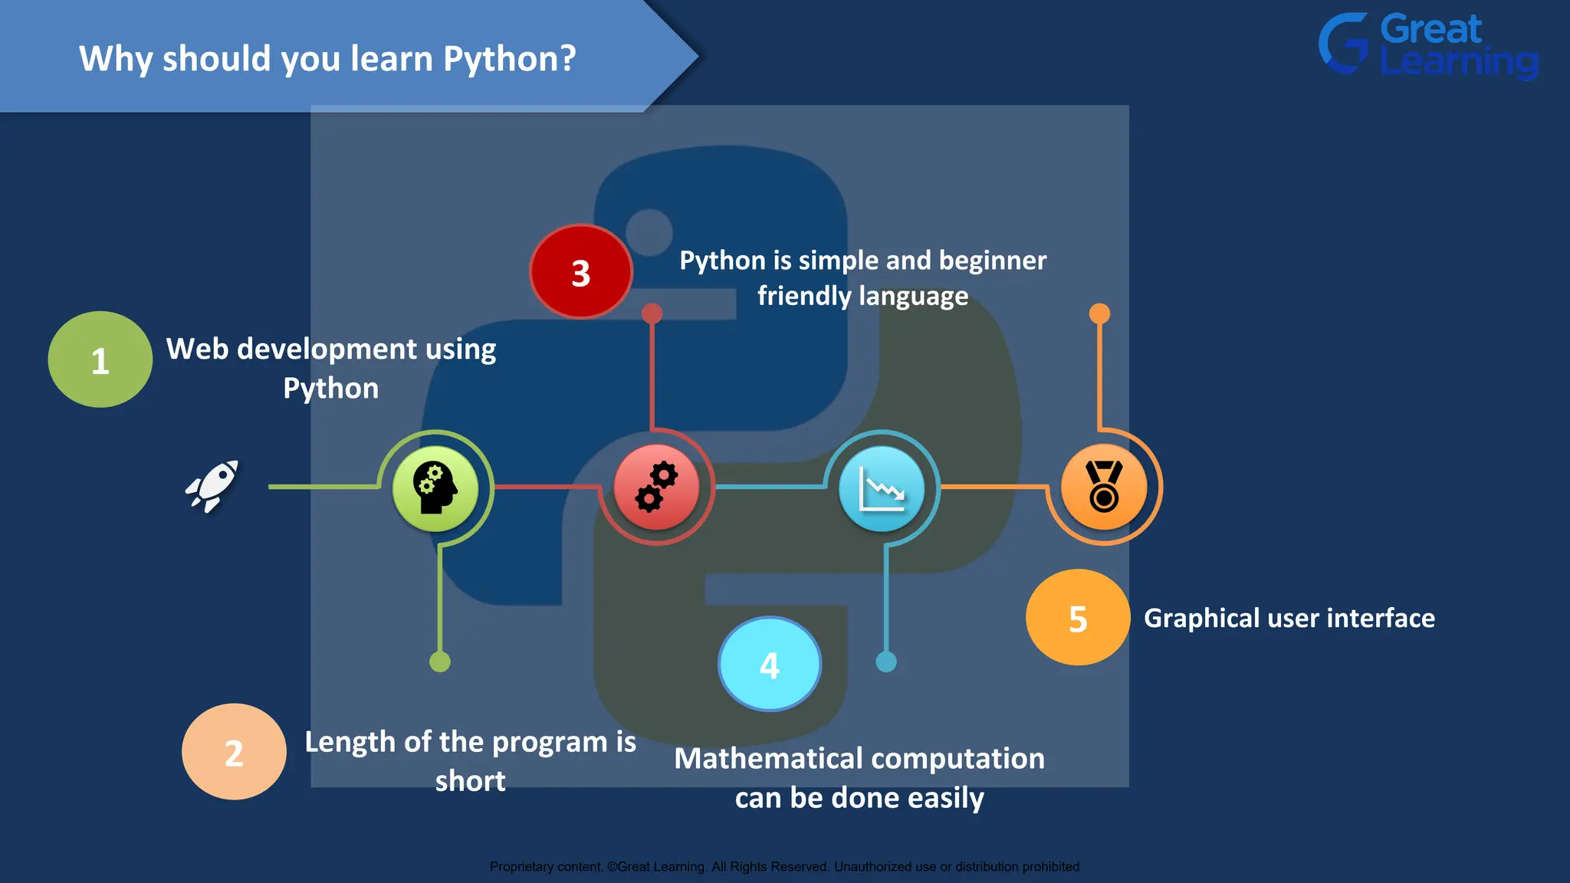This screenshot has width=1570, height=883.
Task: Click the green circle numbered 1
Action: (100, 359)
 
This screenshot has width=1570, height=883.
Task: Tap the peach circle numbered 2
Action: (234, 752)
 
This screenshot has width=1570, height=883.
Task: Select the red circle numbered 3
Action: (581, 272)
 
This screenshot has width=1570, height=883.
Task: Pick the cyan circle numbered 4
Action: (770, 665)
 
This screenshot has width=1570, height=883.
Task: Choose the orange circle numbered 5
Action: (1078, 618)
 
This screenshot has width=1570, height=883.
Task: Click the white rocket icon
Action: (212, 486)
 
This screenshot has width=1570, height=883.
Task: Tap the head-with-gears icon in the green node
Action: (435, 488)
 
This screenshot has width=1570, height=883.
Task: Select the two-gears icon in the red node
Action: (656, 487)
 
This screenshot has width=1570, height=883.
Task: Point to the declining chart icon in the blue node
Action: (882, 489)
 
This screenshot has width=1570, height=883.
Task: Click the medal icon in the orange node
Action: (1104, 487)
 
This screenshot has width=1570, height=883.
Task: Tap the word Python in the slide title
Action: (509, 59)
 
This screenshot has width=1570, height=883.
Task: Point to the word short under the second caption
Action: (470, 782)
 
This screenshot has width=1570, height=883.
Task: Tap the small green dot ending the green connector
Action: (440, 661)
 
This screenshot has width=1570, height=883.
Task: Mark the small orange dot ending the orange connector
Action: (1099, 313)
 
